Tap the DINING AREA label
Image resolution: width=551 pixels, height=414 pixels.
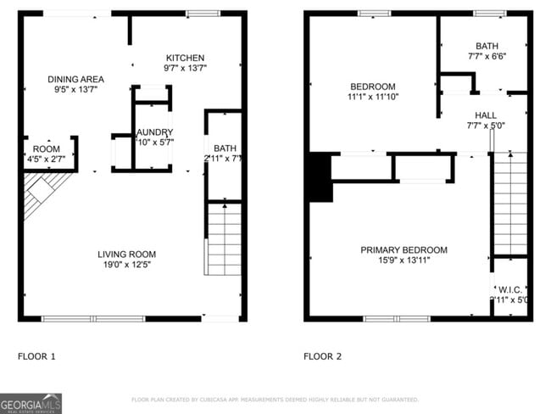pyautogui.click(x=75, y=79)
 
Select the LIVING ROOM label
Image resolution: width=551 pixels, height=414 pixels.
pyautogui.click(x=126, y=254)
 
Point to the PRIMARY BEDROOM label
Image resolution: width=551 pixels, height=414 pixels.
pyautogui.click(x=404, y=249)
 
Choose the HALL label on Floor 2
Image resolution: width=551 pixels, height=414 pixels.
pyautogui.click(x=486, y=115)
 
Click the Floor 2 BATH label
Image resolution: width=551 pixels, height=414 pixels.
pyautogui.click(x=487, y=47)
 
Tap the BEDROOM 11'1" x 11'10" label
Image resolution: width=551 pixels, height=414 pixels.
pyautogui.click(x=373, y=87)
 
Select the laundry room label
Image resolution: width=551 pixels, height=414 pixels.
pyautogui.click(x=155, y=132)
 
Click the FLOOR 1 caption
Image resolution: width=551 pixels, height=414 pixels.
pyautogui.click(x=36, y=356)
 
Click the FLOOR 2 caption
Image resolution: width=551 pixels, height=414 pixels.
pyautogui.click(x=322, y=356)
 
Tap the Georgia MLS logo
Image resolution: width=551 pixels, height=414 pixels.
pyautogui.click(x=31, y=403)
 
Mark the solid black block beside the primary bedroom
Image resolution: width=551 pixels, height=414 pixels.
pyautogui.click(x=320, y=176)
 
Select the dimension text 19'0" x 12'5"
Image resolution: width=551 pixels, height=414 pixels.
pyautogui.click(x=126, y=265)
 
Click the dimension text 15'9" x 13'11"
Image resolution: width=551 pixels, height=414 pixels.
pyautogui.click(x=404, y=260)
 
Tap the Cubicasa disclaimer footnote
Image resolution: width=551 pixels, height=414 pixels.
pyautogui.click(x=275, y=399)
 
